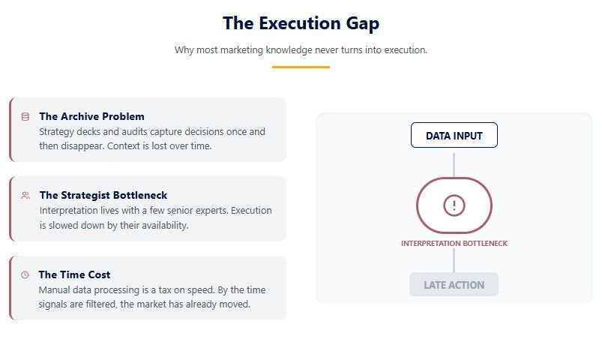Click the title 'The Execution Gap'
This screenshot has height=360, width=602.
pyautogui.click(x=301, y=23)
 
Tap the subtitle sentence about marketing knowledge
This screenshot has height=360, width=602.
pyautogui.click(x=301, y=50)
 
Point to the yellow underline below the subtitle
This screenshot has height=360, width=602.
pyautogui.click(x=301, y=67)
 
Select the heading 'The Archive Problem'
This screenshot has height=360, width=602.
pyautogui.click(x=91, y=116)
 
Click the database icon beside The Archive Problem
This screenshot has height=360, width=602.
pyautogui.click(x=25, y=116)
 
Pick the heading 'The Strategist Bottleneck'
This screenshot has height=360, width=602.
pyautogui.click(x=103, y=195)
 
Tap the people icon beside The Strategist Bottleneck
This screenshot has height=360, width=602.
pyautogui.click(x=25, y=195)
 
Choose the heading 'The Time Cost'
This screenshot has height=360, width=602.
pyautogui.click(x=74, y=274)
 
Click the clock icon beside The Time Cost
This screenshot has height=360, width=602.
pyautogui.click(x=25, y=274)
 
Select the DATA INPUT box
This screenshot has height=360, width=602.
pyautogui.click(x=454, y=136)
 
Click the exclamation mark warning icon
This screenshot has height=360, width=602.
pyautogui.click(x=454, y=205)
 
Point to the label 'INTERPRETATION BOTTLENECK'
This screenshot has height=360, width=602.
pyautogui.click(x=454, y=244)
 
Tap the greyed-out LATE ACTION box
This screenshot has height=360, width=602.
pyautogui.click(x=454, y=285)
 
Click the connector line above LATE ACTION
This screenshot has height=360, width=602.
pyautogui.click(x=454, y=260)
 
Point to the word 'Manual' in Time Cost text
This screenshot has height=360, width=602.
pyautogui.click(x=55, y=289)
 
